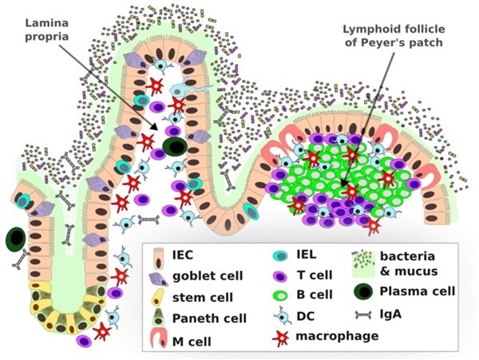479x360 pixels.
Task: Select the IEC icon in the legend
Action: [x=156, y=255]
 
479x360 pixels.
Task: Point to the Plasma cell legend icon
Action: [x=362, y=291]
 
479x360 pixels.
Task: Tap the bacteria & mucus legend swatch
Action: [x=363, y=261]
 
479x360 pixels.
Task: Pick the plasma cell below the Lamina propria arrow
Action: [x=176, y=147]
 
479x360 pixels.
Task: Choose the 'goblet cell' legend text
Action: [x=207, y=276]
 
